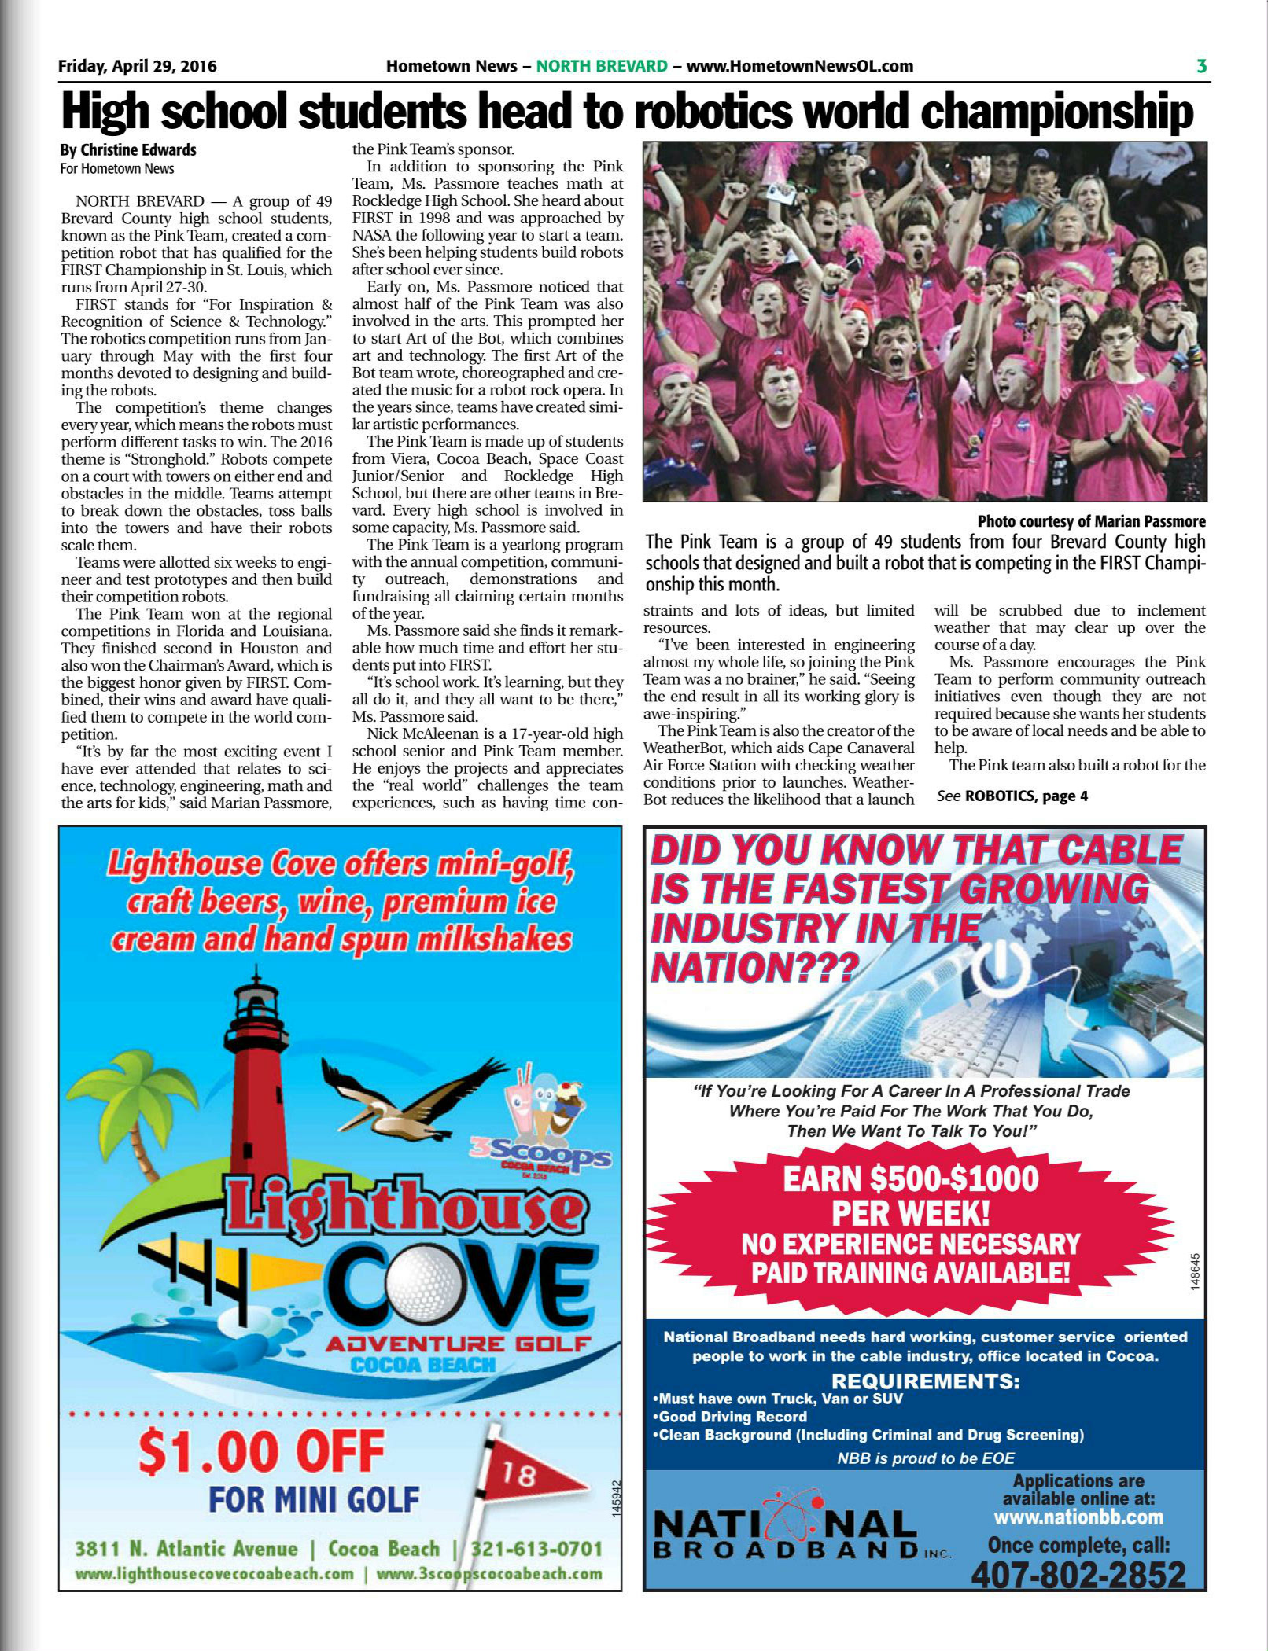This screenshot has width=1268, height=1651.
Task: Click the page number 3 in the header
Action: pyautogui.click(x=1201, y=66)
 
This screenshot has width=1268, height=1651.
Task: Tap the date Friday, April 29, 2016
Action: pyautogui.click(x=138, y=66)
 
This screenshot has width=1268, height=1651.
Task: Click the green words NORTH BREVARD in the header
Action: pyautogui.click(x=602, y=66)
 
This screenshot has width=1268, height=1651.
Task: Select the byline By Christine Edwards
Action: pyautogui.click(x=128, y=149)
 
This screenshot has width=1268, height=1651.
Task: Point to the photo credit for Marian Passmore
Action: pyautogui.click(x=1091, y=521)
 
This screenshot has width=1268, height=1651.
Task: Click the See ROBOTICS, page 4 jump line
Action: pyautogui.click(x=1012, y=796)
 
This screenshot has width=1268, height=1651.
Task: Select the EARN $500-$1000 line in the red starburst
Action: pyautogui.click(x=910, y=1178)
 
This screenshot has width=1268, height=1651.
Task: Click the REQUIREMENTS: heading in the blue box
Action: pyautogui.click(x=925, y=1381)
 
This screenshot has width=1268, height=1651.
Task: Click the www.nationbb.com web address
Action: pyautogui.click(x=1078, y=1518)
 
